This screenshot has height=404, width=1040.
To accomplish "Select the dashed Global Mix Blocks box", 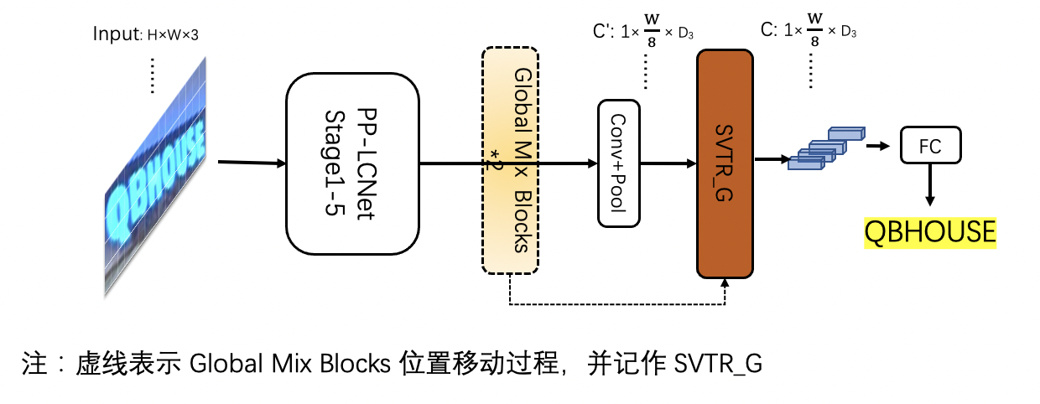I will [x=510, y=159].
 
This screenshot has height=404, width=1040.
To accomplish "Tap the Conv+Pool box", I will [x=618, y=163].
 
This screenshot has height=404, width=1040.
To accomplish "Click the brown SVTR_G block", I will [x=725, y=163].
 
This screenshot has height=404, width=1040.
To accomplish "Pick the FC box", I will [x=929, y=146].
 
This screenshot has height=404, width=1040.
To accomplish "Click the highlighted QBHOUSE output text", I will [x=930, y=231].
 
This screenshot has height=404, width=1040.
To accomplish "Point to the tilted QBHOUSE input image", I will [x=156, y=176].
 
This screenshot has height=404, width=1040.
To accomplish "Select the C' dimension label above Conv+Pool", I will [x=642, y=32].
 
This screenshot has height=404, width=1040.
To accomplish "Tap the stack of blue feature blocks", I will [x=825, y=148].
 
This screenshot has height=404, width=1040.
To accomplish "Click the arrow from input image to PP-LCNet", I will [x=251, y=162].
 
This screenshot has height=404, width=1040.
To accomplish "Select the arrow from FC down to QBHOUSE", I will [x=930, y=185].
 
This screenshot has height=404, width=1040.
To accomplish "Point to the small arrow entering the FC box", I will [x=877, y=146].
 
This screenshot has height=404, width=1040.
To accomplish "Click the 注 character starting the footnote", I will [x=31, y=364].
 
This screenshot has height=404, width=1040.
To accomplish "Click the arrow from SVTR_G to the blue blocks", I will [x=771, y=158].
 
